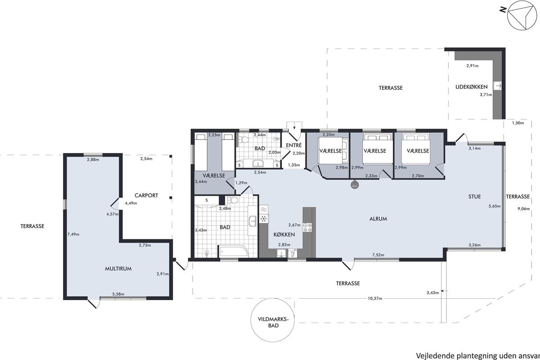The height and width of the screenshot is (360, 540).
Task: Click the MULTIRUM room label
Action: coord(118,269)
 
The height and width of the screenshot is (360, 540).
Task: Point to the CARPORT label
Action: coord(146,195)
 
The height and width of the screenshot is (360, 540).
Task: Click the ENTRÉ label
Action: coord(294,145)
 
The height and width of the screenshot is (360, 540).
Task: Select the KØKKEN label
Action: coord(284,234)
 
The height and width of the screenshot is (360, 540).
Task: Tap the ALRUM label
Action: coord(378,219)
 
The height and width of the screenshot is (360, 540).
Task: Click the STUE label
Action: coord(475,197)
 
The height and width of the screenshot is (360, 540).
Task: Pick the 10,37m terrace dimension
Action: coord(375,298)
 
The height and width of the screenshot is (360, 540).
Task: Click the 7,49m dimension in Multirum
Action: coord(73,234)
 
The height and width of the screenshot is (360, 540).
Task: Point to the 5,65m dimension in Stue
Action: coord(495,206)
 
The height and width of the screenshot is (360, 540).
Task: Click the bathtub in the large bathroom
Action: coord(233,251)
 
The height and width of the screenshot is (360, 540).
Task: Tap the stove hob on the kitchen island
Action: coord(307,227)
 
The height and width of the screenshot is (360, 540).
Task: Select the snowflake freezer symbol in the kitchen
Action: coord(264,219)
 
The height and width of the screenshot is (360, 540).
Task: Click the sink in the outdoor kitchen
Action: coord(497,85)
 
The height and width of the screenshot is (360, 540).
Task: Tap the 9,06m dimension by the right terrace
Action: coord(524,209)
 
